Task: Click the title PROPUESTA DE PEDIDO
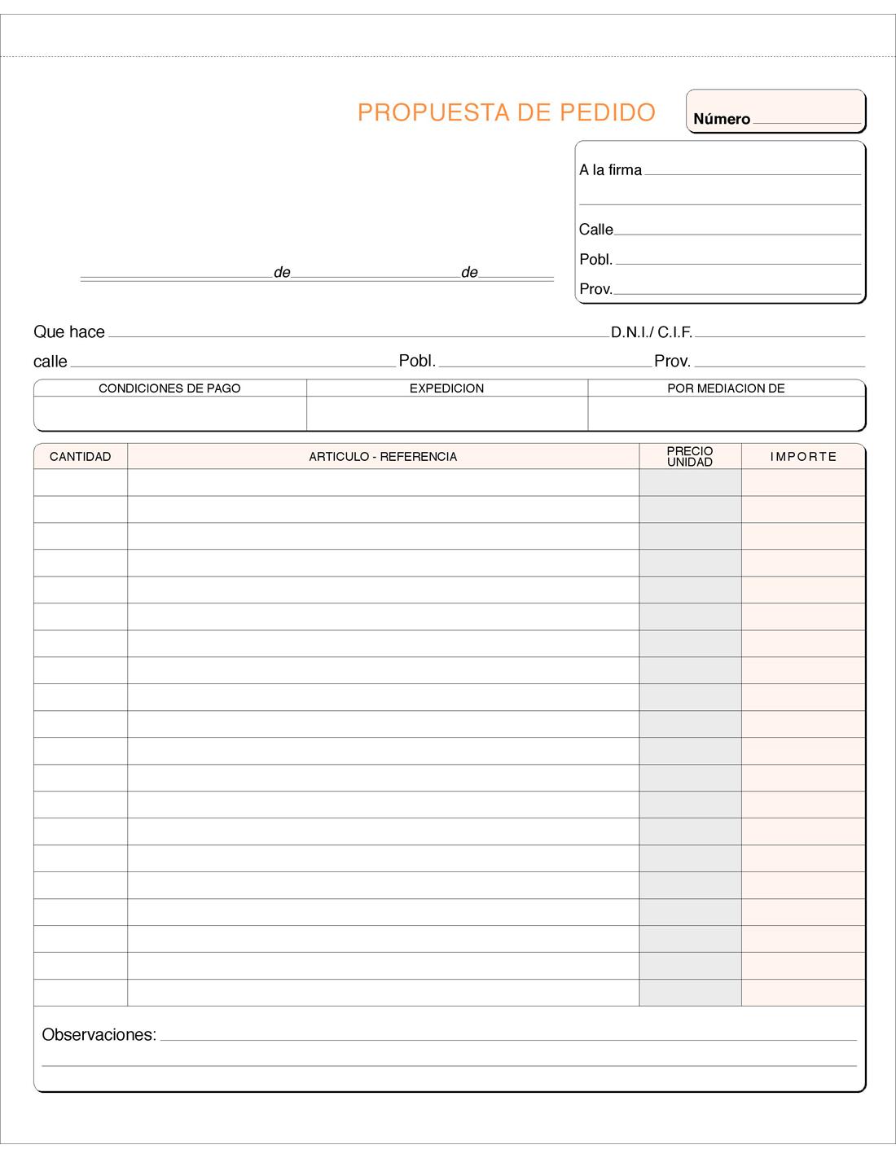point(506,112)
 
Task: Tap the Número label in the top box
point(721,119)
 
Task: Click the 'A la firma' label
point(610,170)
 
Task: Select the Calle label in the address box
point(595,230)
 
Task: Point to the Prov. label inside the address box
point(595,289)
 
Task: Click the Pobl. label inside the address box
point(595,260)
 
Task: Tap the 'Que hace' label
point(69,332)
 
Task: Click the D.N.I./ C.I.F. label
point(651,332)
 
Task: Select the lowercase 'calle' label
point(51,362)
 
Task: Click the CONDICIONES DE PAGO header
point(169,388)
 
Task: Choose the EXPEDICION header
point(446,388)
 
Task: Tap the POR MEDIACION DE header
point(726,388)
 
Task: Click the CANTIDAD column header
point(80,457)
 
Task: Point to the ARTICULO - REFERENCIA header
point(383,457)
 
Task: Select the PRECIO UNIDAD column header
point(690,456)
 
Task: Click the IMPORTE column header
point(803,457)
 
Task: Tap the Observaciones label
point(99,1035)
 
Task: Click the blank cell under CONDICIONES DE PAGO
point(169,413)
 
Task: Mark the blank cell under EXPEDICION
point(446,413)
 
